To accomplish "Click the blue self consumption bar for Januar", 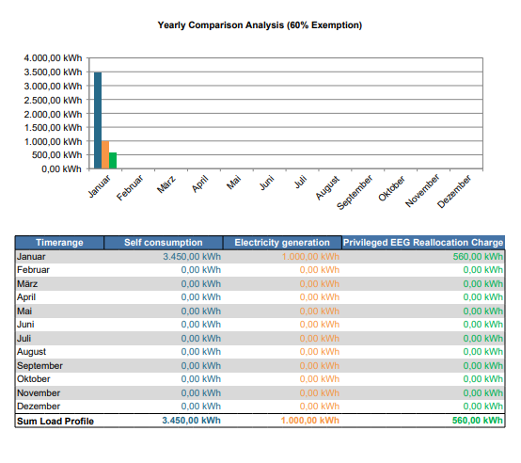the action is point(98,120).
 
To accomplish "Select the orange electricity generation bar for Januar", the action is point(105,155).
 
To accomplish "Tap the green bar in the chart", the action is point(113,161).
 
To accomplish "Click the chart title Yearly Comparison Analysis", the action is point(260,25).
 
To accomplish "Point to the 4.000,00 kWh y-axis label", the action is point(53,58).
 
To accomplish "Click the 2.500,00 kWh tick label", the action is point(53,100).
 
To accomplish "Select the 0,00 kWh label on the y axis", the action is point(61,168).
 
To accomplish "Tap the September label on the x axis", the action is point(355,192).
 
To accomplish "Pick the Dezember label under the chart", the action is point(454,191).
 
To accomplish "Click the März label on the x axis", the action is point(166,184).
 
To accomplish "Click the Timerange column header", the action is point(59,243).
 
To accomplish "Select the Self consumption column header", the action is point(163,243).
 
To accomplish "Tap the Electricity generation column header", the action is point(282,243).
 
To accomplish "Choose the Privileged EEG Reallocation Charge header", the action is point(423,243).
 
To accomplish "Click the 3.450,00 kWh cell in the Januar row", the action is point(192,257).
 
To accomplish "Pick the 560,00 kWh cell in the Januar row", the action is point(478,257).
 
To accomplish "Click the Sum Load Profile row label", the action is point(55,421).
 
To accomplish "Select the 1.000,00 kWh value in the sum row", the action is point(310,421).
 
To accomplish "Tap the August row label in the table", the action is point(32,352).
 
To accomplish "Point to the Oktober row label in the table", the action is point(34,379).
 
